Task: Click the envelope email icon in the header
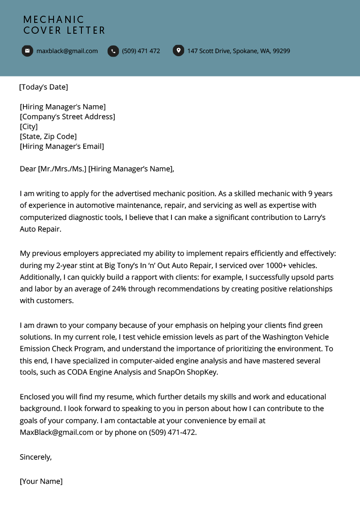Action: pyautogui.click(x=27, y=51)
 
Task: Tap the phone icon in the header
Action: pyautogui.click(x=113, y=51)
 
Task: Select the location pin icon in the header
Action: pyautogui.click(x=178, y=51)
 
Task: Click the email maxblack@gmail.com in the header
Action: pyautogui.click(x=67, y=51)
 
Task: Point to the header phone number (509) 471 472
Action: pyautogui.click(x=141, y=51)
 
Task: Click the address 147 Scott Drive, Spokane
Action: pyautogui.click(x=238, y=51)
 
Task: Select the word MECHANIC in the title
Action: pyautogui.click(x=54, y=20)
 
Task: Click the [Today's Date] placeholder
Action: pyautogui.click(x=44, y=87)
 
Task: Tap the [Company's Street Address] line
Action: pyautogui.click(x=67, y=116)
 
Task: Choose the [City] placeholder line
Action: pyautogui.click(x=29, y=126)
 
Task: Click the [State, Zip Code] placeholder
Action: pyautogui.click(x=48, y=136)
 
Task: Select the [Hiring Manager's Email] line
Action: pyautogui.click(x=62, y=146)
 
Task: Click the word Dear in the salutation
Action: pyautogui.click(x=28, y=169)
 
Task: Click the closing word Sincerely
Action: pyautogui.click(x=36, y=457)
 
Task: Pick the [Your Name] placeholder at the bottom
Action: pyautogui.click(x=41, y=481)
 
